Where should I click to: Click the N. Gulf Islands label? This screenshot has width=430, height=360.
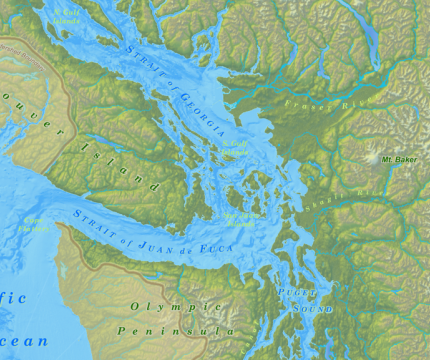(x=69, y=14)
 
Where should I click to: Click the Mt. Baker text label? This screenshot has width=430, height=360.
(x=398, y=159)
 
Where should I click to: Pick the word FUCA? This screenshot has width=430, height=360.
(x=222, y=247)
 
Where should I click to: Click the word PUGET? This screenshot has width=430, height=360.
(x=302, y=291)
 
